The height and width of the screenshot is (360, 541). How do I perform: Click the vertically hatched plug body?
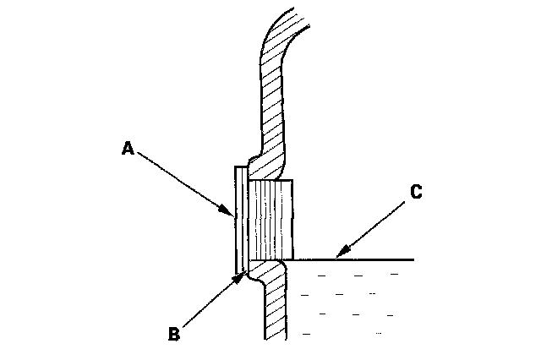(x=270, y=220)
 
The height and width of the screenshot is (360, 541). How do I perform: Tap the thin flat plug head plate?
(x=240, y=220)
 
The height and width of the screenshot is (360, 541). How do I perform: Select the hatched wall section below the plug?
(x=276, y=304)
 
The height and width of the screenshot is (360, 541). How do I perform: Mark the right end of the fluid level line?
(x=413, y=259)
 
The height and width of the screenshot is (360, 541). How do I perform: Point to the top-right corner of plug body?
(x=292, y=180)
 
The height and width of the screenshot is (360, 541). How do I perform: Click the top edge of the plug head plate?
(x=240, y=166)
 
